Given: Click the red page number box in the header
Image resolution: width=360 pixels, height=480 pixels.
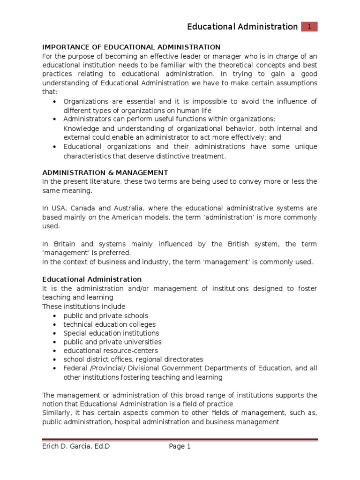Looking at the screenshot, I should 309,27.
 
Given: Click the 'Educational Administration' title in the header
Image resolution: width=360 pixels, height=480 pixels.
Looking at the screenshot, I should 242,27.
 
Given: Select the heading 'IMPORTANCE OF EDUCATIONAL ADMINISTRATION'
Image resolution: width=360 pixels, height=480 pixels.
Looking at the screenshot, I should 131,47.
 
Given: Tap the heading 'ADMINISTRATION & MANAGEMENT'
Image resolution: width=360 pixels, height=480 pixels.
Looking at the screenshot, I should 105,172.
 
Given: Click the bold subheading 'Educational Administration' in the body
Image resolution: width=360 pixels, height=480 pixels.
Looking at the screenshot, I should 92,279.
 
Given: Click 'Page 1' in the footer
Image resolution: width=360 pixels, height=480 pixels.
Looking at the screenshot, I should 180,447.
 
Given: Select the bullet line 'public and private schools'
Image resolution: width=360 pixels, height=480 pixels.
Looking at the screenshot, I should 106,315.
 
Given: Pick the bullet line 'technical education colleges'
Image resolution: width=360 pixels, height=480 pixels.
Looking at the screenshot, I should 110,324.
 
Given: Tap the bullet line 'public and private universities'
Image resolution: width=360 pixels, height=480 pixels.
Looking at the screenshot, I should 112,342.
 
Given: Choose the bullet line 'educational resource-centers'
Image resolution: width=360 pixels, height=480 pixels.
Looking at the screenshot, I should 111,351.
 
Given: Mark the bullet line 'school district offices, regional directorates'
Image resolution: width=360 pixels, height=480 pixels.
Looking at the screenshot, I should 134,360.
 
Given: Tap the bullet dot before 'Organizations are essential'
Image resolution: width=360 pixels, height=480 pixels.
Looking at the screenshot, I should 56,102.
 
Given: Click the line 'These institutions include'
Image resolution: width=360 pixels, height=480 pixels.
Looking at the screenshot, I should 84,307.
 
